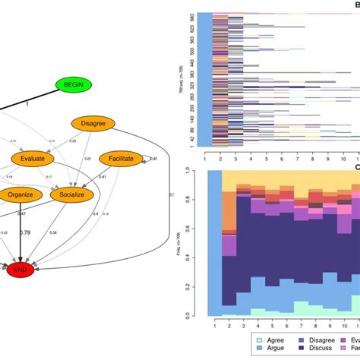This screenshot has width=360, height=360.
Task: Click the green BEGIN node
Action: point(73,86)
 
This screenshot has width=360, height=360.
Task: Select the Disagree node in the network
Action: point(93,123)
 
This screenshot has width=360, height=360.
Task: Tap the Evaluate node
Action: point(33,159)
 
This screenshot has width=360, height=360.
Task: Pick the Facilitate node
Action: point(121,159)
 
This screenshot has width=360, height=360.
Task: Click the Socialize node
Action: point(71,194)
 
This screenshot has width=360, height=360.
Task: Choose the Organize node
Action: point(21,194)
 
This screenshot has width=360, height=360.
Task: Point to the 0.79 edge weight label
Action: point(25,232)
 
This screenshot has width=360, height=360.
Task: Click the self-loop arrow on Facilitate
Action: point(150,158)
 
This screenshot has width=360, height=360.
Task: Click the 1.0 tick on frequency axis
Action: point(197,172)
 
